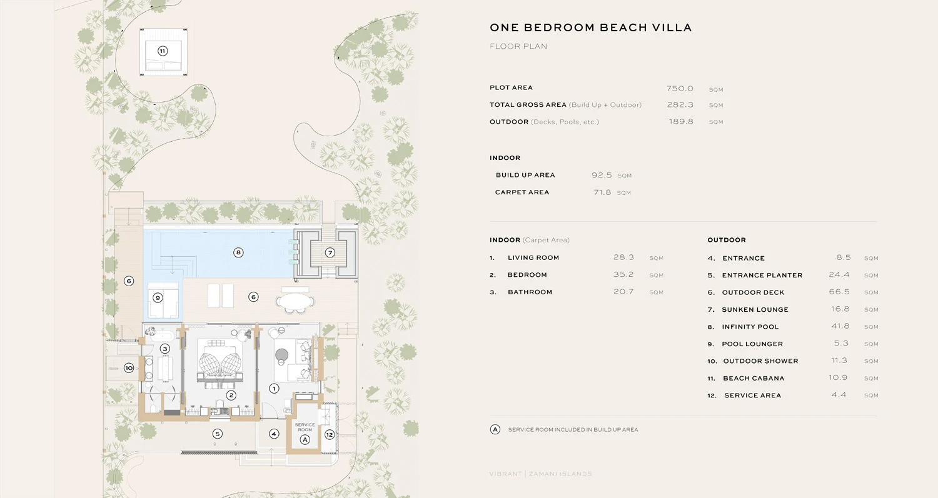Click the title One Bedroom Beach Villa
590,28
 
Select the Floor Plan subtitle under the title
518,46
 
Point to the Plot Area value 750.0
680,88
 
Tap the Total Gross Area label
528,105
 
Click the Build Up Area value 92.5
602,176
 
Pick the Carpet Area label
522,192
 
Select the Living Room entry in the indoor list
533,258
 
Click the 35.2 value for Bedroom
623,275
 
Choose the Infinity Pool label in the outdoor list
750,327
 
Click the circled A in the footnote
495,430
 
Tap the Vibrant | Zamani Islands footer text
540,474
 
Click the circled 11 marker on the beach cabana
163,51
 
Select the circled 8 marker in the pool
238,253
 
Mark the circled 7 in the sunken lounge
330,253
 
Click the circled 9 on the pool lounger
158,297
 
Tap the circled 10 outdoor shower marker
129,368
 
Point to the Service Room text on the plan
305,427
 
